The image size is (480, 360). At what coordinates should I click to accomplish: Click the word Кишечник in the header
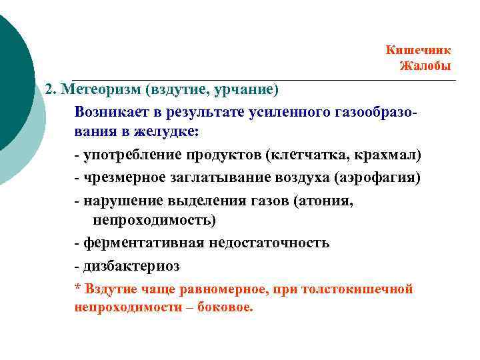coord(418,50)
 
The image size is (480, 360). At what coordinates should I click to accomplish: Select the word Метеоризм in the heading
coord(97,89)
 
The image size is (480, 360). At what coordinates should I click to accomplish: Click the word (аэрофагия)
coord(380,178)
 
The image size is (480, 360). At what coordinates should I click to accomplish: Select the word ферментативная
coord(135,243)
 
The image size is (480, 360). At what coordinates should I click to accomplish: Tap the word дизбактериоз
coord(131,266)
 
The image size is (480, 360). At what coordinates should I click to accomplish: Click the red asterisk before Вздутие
coord(77,289)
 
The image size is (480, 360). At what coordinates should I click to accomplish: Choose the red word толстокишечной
coord(363,289)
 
